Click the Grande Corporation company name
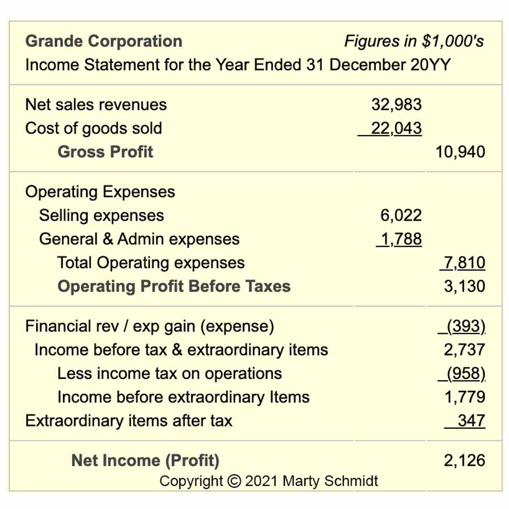pyautogui.click(x=104, y=41)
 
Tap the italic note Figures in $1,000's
pyautogui.click(x=414, y=41)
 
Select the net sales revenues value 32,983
pyautogui.click(x=396, y=105)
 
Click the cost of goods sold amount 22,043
pyautogui.click(x=396, y=128)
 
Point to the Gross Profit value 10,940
pyautogui.click(x=460, y=152)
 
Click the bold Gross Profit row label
pyautogui.click(x=105, y=152)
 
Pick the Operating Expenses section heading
pyautogui.click(x=100, y=192)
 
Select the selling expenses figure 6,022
pyautogui.click(x=401, y=215)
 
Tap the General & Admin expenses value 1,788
pyautogui.click(x=401, y=239)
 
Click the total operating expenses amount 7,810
pyautogui.click(x=464, y=262)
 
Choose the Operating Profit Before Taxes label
pyautogui.click(x=174, y=286)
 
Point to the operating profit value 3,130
pyautogui.click(x=464, y=286)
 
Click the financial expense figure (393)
pyautogui.click(x=466, y=326)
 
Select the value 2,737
pyautogui.click(x=464, y=350)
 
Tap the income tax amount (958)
pyautogui.click(x=466, y=374)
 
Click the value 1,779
pyautogui.click(x=465, y=398)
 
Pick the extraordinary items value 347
pyautogui.click(x=472, y=421)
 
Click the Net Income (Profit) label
pyautogui.click(x=145, y=460)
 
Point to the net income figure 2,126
pyautogui.click(x=464, y=460)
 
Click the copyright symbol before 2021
pyautogui.click(x=234, y=481)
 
